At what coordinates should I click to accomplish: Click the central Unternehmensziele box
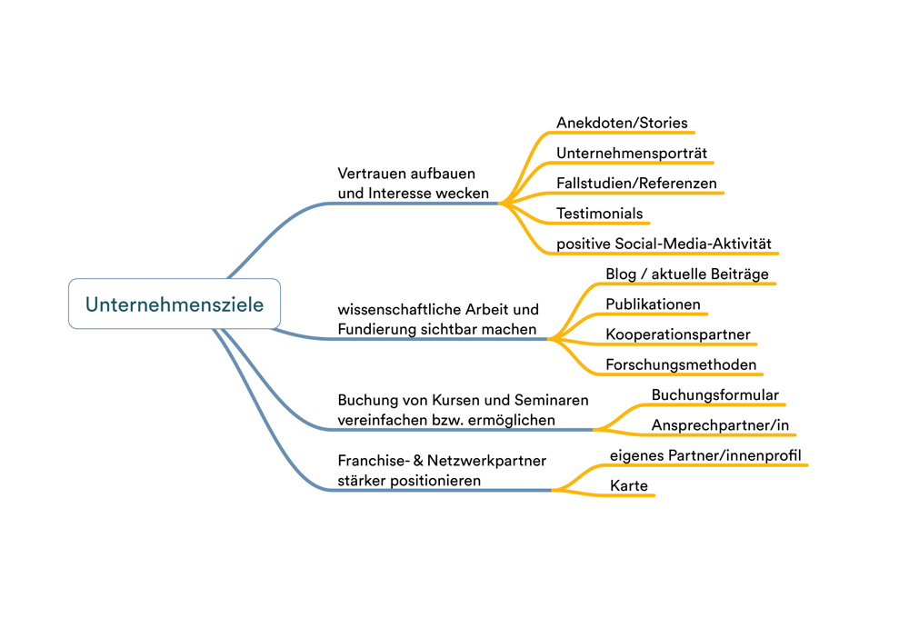pyautogui.click(x=175, y=304)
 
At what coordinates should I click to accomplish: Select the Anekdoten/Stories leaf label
pyautogui.click(x=622, y=123)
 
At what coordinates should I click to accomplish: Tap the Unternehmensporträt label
pyautogui.click(x=631, y=153)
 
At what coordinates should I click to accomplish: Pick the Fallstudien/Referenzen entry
pyautogui.click(x=636, y=183)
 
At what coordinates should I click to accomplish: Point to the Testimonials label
pyautogui.click(x=599, y=214)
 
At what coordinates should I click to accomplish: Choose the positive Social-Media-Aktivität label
pyautogui.click(x=664, y=244)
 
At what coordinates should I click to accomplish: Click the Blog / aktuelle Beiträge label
pyautogui.click(x=687, y=274)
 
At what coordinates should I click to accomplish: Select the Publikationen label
pyautogui.click(x=653, y=304)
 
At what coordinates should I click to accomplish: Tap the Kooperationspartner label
pyautogui.click(x=678, y=334)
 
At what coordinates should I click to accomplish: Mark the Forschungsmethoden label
pyautogui.click(x=681, y=364)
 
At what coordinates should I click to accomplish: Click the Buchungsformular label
pyautogui.click(x=714, y=395)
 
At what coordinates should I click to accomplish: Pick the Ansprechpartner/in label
pyautogui.click(x=720, y=424)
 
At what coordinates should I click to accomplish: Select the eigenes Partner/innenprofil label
pyautogui.click(x=705, y=454)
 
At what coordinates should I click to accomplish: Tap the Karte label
pyautogui.click(x=629, y=485)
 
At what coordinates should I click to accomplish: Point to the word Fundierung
pyautogui.click(x=376, y=329)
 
